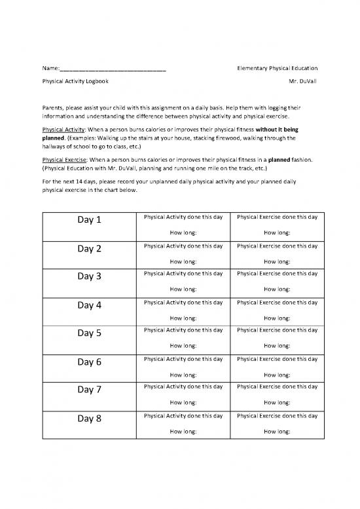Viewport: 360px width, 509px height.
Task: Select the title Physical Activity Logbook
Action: point(75,83)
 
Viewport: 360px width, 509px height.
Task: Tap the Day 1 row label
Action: point(90,221)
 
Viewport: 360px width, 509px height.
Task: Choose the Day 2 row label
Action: point(90,249)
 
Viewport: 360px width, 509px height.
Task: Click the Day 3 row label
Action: point(90,276)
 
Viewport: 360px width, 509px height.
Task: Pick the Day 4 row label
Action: point(90,305)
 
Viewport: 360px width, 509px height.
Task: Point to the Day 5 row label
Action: point(90,333)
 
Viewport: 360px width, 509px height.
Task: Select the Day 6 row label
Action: point(90,362)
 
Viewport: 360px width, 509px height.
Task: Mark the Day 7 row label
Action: point(90,390)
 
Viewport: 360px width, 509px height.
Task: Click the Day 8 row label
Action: point(90,418)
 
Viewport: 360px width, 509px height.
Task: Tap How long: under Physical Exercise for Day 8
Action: point(277,432)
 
